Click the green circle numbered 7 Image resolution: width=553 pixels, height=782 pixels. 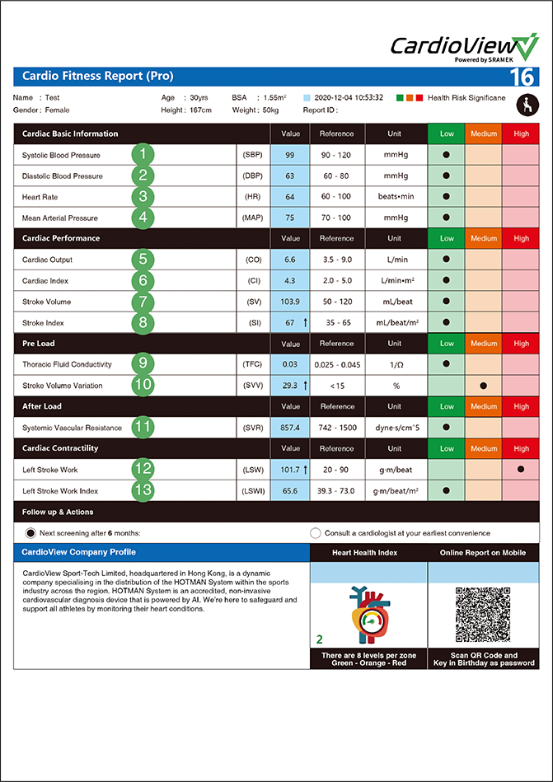143,302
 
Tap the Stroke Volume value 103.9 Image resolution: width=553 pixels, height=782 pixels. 290,302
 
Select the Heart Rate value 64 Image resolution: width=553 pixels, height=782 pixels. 290,197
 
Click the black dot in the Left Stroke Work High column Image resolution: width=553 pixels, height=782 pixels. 521,469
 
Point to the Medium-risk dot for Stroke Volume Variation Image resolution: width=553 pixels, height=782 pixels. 483,385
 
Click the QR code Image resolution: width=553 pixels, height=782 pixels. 482,615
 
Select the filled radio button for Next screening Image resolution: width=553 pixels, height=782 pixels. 31,532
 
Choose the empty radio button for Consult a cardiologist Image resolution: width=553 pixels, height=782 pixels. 316,532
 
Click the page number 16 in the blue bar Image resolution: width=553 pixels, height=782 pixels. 522,77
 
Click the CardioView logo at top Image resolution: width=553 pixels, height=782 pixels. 464,47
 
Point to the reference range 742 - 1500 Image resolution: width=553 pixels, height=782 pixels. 336,428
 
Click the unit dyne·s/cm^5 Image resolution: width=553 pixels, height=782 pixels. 395,428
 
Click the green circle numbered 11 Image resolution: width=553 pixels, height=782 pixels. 143,427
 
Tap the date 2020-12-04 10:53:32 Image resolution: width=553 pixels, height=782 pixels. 349,97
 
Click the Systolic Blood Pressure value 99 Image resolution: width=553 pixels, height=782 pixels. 290,155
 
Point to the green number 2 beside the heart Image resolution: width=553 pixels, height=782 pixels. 320,638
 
